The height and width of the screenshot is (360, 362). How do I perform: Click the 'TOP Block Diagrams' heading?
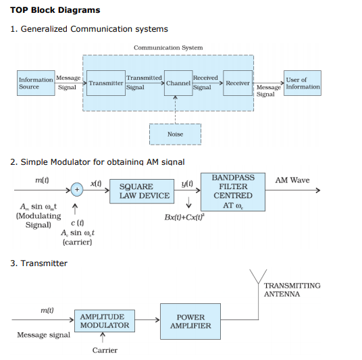(55, 10)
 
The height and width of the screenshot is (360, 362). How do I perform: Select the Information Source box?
(35, 83)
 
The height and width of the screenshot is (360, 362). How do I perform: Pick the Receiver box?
(238, 83)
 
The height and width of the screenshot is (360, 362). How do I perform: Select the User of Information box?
(303, 83)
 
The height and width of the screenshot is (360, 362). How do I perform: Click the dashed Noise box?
(175, 134)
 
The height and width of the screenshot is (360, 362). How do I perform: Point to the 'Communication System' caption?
(167, 48)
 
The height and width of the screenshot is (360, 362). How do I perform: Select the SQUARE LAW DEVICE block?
(144, 190)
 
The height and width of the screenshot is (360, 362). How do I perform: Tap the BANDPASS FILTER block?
(232, 191)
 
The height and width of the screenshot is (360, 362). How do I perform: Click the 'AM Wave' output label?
(292, 180)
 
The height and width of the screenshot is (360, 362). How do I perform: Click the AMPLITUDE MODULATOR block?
(104, 321)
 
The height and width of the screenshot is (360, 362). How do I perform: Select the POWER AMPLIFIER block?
(190, 321)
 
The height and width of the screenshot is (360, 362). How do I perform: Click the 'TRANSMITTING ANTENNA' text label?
(292, 290)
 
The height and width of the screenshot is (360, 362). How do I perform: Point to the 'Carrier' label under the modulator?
(105, 350)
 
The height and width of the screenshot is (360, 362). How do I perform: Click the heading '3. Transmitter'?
(39, 263)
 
